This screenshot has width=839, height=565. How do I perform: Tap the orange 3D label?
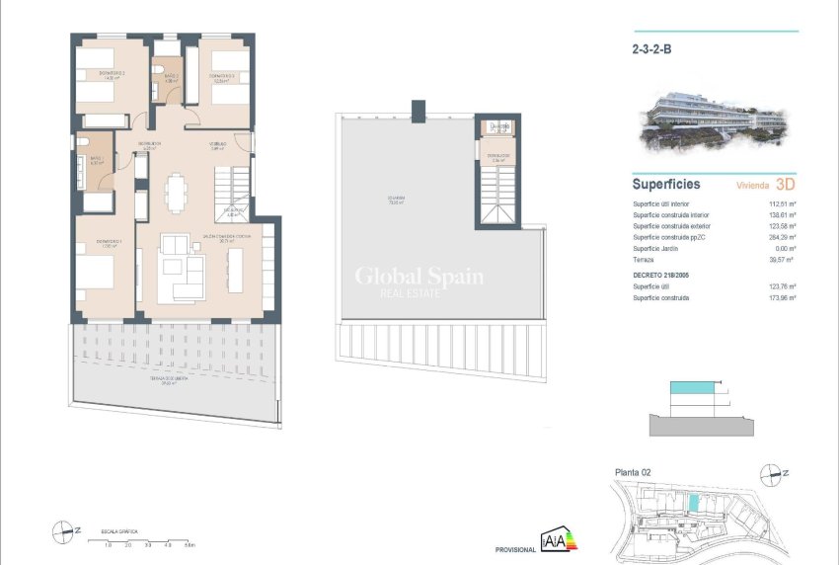[786, 184]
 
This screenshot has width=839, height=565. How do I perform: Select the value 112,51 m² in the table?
[782, 204]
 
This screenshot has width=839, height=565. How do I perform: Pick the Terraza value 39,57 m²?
[783, 259]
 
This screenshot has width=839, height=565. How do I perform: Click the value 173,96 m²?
[782, 297]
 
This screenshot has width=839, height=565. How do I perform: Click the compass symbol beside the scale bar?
[65, 530]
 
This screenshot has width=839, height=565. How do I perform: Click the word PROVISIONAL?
[514, 549]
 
